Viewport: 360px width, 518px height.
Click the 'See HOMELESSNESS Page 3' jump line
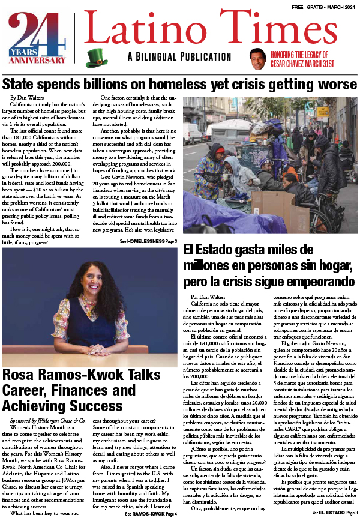click(148, 241)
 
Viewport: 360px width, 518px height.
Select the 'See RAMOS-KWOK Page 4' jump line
click(151, 514)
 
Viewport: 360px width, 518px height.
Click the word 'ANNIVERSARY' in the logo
click(37, 60)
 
